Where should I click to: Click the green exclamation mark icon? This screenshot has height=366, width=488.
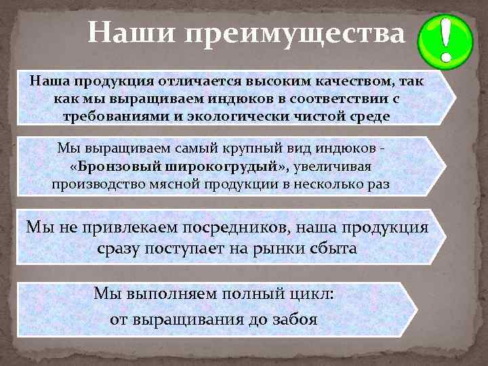pos(445,39)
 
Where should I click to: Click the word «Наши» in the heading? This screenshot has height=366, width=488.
pos(130,33)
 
